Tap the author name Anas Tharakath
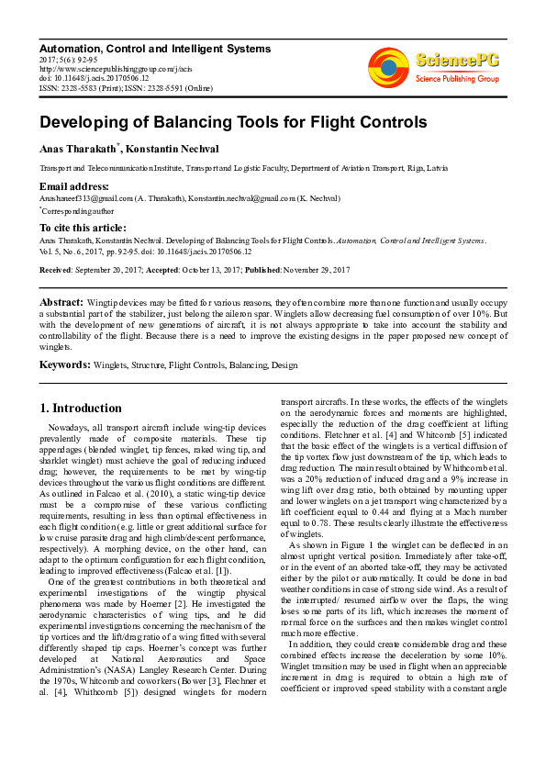(78, 150)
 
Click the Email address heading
(74, 186)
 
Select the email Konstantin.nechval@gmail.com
(241, 197)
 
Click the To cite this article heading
(83, 228)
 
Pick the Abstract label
(61, 301)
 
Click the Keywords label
(64, 364)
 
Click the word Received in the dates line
(55, 270)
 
